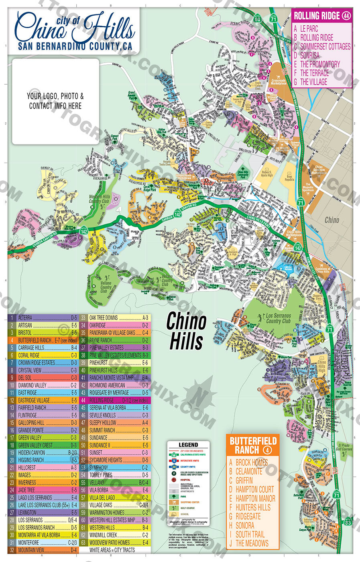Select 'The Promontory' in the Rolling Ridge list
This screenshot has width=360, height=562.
pyautogui.click(x=319, y=64)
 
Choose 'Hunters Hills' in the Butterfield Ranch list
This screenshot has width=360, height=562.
pyautogui.click(x=252, y=507)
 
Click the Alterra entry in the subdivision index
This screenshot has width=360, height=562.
pyautogui.click(x=25, y=318)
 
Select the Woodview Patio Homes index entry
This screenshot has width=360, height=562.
pyautogui.click(x=109, y=542)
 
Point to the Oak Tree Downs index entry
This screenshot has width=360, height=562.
pyautogui.click(x=104, y=318)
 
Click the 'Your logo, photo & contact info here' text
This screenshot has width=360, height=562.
pyautogui.click(x=55, y=101)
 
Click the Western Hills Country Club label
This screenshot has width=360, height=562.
pyautogui.click(x=99, y=199)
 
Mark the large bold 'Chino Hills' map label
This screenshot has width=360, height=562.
pyautogui.click(x=186, y=331)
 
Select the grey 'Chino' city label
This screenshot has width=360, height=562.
pyautogui.click(x=332, y=220)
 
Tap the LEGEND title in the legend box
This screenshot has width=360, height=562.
pyautogui.click(x=188, y=445)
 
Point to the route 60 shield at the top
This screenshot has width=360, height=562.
pyautogui.click(x=257, y=19)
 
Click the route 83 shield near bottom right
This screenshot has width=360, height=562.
pyautogui.click(x=348, y=522)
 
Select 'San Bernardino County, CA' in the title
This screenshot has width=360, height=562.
pyautogui.click(x=75, y=46)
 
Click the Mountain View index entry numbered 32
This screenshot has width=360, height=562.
pyautogui.click(x=31, y=550)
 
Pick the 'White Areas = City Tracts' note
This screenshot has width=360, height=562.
pyautogui.click(x=112, y=550)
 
